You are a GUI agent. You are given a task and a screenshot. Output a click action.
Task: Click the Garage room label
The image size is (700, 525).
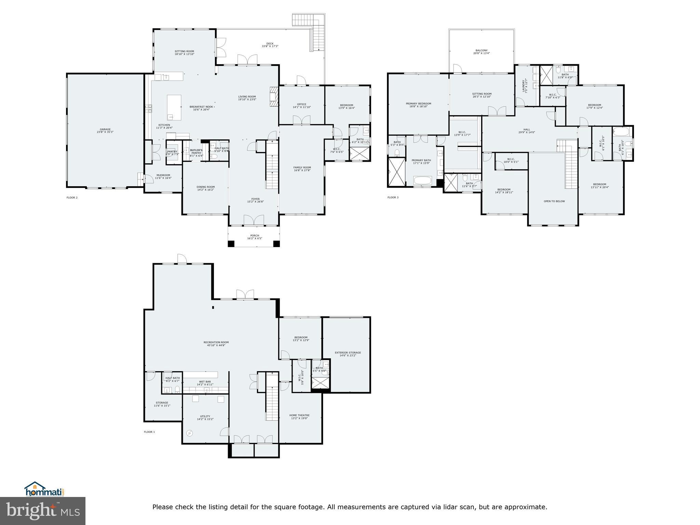click(x=105, y=129)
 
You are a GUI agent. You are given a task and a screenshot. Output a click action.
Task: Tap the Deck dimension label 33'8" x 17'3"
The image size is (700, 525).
click(x=270, y=46)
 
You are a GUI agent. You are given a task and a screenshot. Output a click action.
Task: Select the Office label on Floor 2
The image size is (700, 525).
click(x=301, y=104)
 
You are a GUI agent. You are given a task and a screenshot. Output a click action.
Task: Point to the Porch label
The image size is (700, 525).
click(x=254, y=235)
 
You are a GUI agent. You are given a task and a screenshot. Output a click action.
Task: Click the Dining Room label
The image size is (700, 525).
click(x=205, y=187)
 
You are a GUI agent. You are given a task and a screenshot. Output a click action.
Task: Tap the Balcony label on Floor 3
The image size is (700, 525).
click(x=481, y=50)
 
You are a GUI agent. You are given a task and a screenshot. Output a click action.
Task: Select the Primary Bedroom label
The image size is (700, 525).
click(x=418, y=104)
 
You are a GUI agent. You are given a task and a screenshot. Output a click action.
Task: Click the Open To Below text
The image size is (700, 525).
click(x=554, y=201)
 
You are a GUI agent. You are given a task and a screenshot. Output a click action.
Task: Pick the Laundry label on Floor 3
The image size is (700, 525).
click(x=523, y=86)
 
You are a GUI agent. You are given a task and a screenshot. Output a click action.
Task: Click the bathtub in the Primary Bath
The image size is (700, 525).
click(x=423, y=180)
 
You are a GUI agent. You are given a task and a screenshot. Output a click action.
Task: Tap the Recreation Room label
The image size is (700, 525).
click(x=216, y=342)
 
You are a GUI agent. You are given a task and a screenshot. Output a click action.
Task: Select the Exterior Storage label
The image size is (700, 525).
click(x=348, y=352)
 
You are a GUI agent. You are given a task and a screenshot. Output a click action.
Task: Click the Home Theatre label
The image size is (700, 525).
click(x=299, y=415)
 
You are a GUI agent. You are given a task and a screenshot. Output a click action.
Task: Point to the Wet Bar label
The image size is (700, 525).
click(x=205, y=382)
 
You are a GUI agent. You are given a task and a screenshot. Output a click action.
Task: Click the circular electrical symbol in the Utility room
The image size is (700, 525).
click(x=189, y=433)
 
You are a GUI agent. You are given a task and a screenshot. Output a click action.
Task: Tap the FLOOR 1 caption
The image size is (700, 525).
click(x=149, y=432)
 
